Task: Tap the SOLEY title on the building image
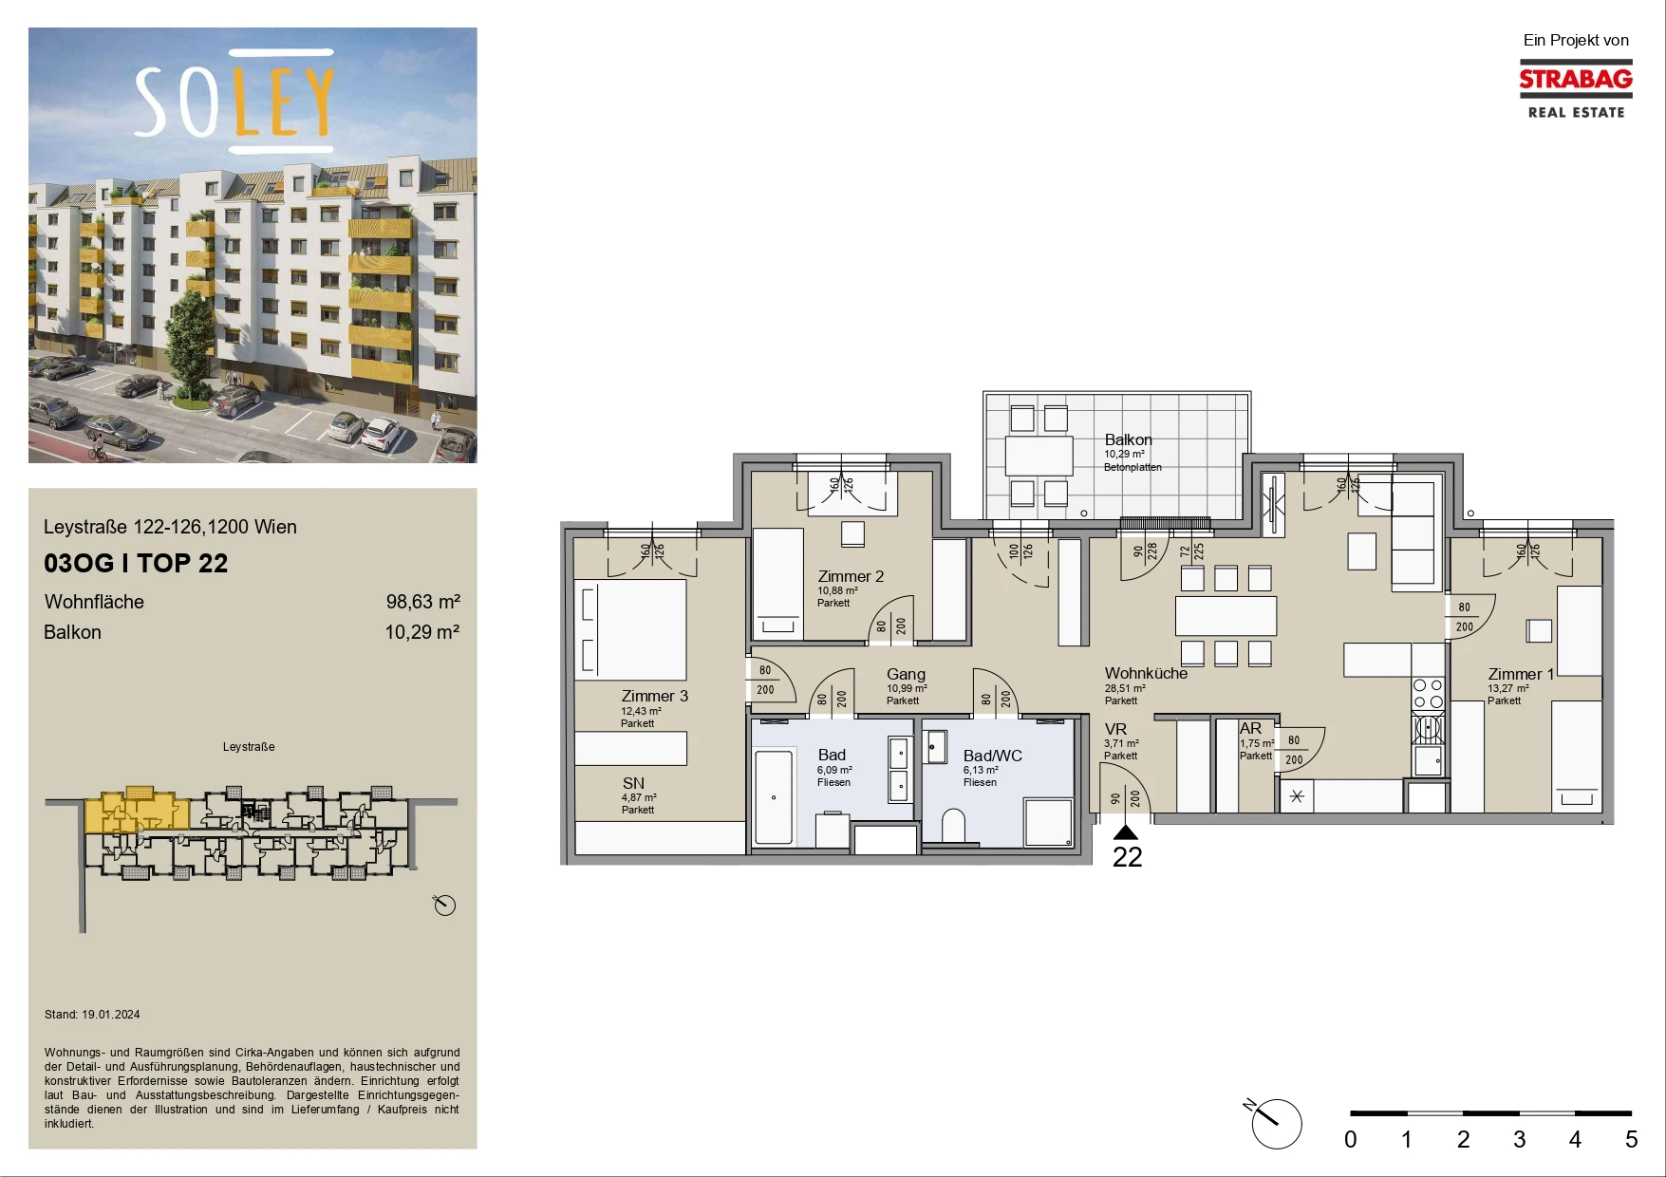tap(234, 102)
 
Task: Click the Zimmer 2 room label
tap(851, 576)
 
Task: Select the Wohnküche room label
tap(1146, 673)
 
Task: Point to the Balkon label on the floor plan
tap(1128, 439)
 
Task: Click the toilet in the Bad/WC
tap(953, 826)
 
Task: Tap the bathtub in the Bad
tap(774, 797)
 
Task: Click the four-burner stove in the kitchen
tap(1428, 694)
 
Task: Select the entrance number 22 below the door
tap(1127, 857)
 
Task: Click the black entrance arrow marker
tap(1126, 832)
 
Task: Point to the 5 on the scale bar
tap(1631, 1139)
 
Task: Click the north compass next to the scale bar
tap(1276, 1123)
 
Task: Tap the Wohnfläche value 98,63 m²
tap(422, 602)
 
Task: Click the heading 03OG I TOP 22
tap(136, 564)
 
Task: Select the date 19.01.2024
tap(110, 1015)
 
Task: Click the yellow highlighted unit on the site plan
tap(137, 810)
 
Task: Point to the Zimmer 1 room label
tap(1521, 674)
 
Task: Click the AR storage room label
tap(1250, 728)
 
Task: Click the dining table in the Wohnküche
tap(1226, 615)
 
